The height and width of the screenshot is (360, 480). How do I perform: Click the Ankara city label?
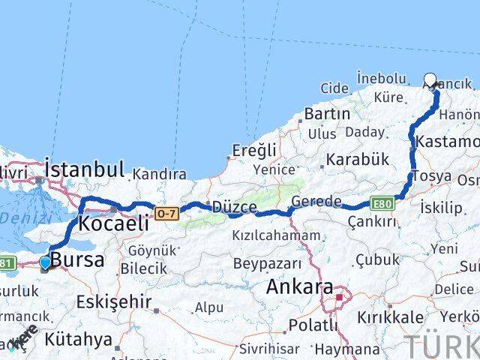(x=300, y=288)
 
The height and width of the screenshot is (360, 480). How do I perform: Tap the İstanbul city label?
(x=84, y=167)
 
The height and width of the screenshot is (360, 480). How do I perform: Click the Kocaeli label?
(x=112, y=223)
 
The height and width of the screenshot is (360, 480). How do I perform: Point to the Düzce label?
(x=235, y=207)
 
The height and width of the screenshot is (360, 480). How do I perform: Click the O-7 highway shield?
(x=166, y=214)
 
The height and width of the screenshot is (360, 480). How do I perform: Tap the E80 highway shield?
(x=382, y=203)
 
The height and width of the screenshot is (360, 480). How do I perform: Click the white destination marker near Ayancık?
(x=430, y=80)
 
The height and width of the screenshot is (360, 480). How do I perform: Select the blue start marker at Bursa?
(x=46, y=262)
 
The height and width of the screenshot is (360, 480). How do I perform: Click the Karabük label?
(x=354, y=159)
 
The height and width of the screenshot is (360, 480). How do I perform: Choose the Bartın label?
(x=327, y=115)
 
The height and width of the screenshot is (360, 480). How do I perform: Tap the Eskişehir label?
(x=113, y=302)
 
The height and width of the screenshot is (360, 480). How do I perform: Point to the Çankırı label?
(x=371, y=221)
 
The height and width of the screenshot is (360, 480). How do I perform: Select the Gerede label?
(x=316, y=202)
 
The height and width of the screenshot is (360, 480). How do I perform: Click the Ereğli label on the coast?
(x=254, y=150)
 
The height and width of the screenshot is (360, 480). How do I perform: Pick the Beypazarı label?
(x=267, y=264)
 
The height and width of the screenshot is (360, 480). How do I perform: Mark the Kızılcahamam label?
(x=276, y=235)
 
